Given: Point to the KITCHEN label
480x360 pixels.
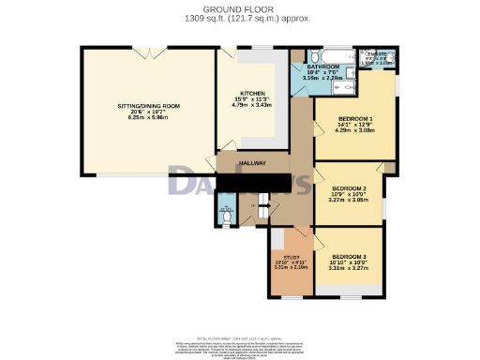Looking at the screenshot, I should click(x=251, y=95).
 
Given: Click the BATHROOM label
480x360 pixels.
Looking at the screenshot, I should click(x=322, y=67).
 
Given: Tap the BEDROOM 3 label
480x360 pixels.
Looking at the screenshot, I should click(x=348, y=255).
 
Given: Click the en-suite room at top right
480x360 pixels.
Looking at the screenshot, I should click(x=378, y=59).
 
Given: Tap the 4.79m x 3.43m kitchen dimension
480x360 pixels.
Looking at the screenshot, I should click(x=251, y=106).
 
